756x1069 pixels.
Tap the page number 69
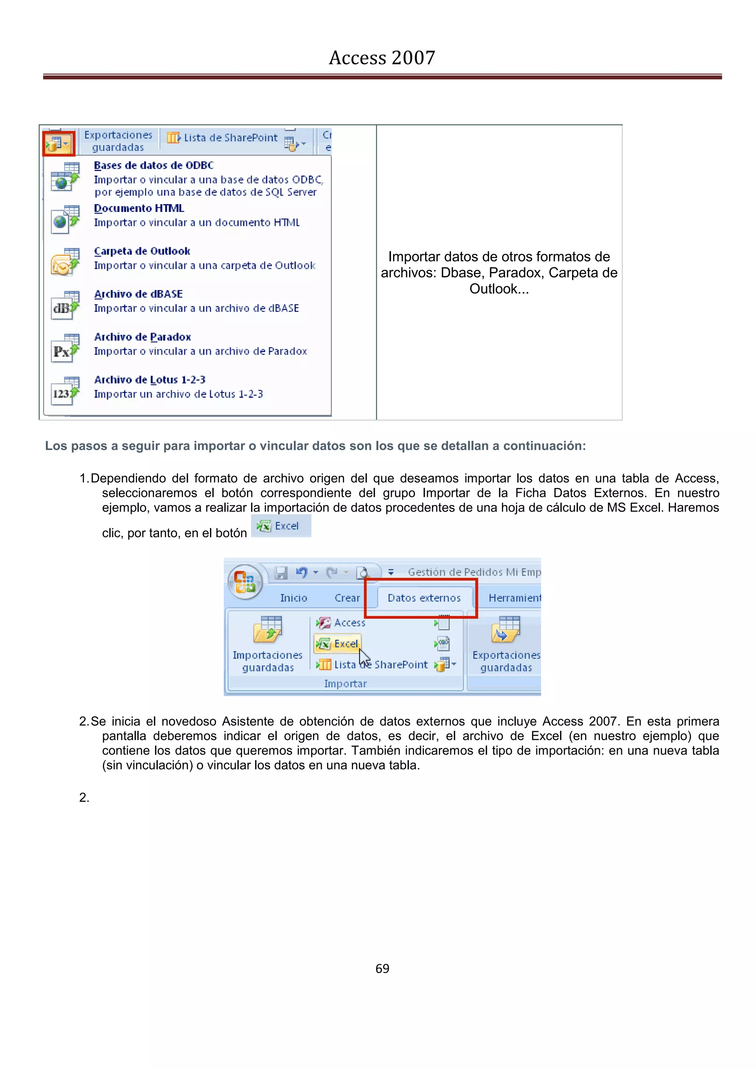coord(382,969)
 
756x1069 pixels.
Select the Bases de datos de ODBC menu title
coord(154,166)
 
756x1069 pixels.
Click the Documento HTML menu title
coord(139,209)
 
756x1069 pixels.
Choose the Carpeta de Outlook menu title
coord(142,251)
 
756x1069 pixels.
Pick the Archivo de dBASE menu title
coord(138,294)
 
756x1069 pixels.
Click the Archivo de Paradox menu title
coord(142,337)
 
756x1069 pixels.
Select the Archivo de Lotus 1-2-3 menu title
coord(150,380)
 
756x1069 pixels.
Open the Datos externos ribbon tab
coord(424,598)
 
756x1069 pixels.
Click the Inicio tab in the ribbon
coord(293,598)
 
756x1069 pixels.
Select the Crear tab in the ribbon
coord(347,598)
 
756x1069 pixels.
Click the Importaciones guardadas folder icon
coord(268,629)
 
